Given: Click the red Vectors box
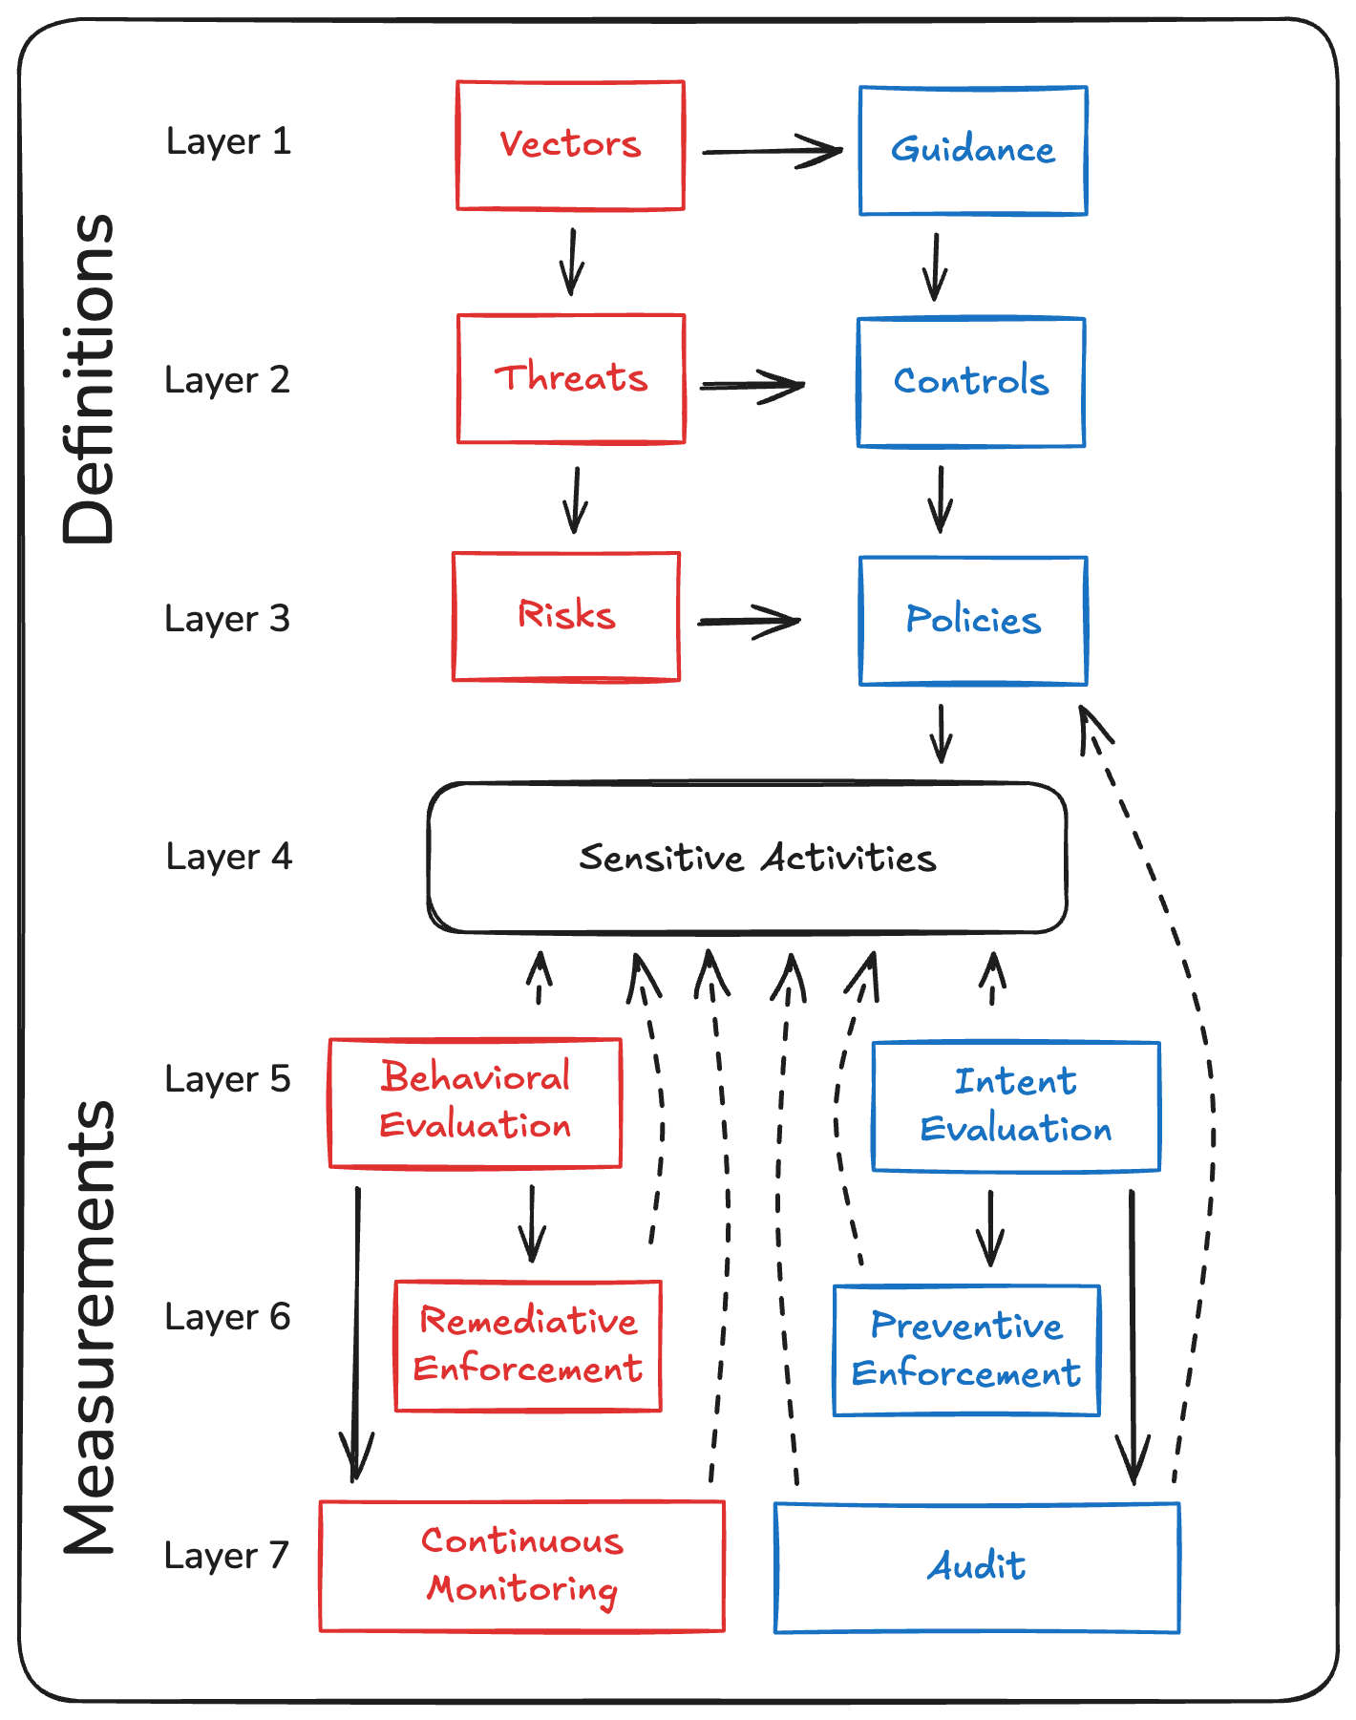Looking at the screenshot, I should [570, 145].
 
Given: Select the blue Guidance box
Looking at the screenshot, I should [972, 151].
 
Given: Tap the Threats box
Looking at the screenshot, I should [571, 379].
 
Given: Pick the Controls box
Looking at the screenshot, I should [970, 382].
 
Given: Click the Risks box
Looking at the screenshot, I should [566, 617].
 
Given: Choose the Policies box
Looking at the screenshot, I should [972, 621].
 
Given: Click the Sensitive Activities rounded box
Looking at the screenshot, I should [747, 858].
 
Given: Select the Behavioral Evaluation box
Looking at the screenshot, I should [475, 1103].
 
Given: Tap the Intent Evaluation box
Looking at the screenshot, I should [1015, 1107].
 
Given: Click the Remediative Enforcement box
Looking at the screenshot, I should [527, 1346].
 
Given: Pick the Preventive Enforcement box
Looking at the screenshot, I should [966, 1350].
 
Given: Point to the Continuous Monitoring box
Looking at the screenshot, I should [521, 1566].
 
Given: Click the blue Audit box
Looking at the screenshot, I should [976, 1568].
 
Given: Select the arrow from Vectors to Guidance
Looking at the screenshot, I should [772, 151].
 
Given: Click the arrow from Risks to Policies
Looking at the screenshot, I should [749, 622].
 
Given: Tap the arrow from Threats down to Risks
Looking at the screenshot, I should [575, 499].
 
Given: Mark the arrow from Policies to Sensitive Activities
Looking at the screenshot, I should [942, 733].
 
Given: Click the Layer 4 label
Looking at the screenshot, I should [229, 858].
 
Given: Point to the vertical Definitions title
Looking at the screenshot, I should [89, 379].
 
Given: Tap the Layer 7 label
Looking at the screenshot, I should [225, 1556].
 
